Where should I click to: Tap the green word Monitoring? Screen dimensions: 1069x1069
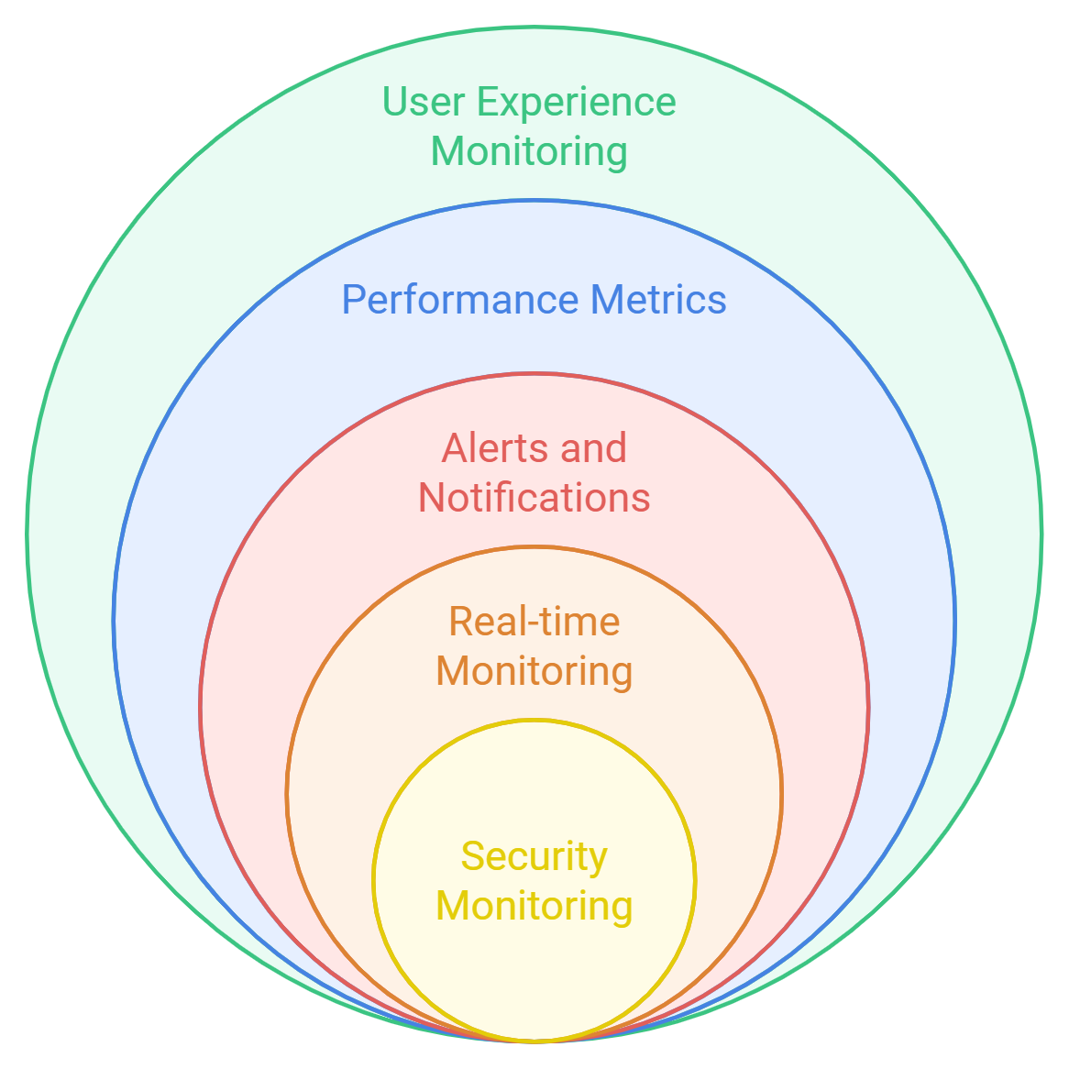[x=529, y=151]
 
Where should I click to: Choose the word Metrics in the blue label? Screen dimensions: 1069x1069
[x=658, y=300]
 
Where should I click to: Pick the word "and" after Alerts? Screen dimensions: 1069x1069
[x=593, y=448]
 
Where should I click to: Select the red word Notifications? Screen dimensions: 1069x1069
[x=534, y=498]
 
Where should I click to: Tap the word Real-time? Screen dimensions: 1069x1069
[x=534, y=622]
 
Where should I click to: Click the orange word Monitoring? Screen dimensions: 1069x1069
[x=534, y=671]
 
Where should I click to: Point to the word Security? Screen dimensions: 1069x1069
[x=534, y=857]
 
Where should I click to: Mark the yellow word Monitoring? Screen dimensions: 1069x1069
[x=534, y=906]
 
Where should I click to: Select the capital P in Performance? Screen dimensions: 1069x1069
[x=352, y=300]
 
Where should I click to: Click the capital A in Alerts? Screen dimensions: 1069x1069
[x=455, y=448]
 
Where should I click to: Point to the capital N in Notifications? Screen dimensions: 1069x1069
[x=432, y=498]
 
